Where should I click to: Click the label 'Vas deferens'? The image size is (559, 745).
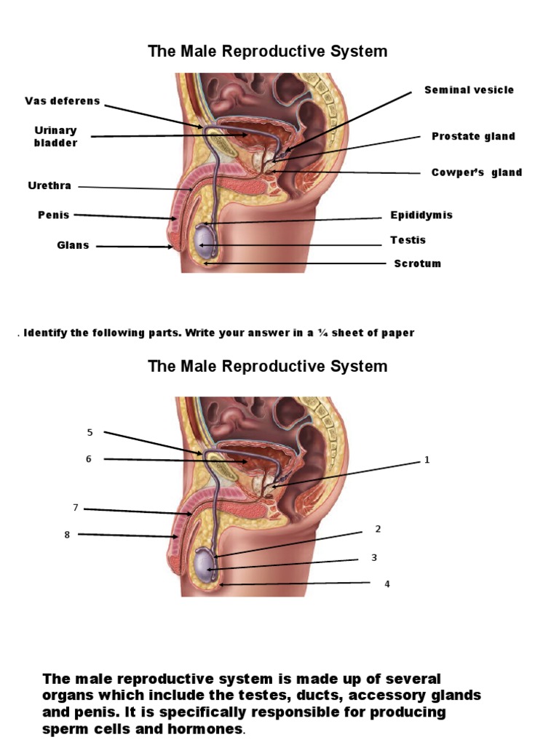click(x=62, y=101)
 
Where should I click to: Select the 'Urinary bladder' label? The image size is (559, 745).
click(x=55, y=136)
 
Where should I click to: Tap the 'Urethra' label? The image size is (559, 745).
click(x=49, y=186)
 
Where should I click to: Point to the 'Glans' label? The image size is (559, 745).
click(x=73, y=245)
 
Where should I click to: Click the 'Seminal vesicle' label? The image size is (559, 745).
click(x=469, y=90)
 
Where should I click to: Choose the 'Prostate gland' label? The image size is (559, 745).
click(x=473, y=136)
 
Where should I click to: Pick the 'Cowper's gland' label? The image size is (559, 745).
click(x=477, y=172)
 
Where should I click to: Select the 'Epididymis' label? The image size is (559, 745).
click(x=421, y=215)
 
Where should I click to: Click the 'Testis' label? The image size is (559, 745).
click(x=408, y=240)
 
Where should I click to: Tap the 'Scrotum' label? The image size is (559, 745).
click(x=417, y=263)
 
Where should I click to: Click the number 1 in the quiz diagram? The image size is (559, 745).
click(x=427, y=460)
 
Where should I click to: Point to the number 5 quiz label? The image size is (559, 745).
click(x=90, y=432)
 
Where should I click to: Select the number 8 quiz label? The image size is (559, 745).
click(x=67, y=535)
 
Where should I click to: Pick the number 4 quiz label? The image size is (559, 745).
click(x=387, y=583)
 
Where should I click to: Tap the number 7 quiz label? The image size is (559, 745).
click(x=74, y=506)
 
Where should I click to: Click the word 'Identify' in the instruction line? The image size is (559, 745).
click(x=46, y=333)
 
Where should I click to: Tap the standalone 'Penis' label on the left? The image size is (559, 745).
click(x=54, y=215)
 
